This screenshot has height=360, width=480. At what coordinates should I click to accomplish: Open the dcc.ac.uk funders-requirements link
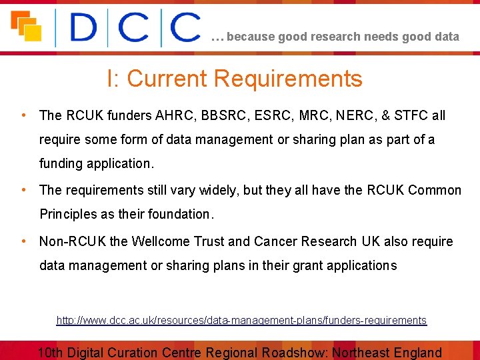pyautogui.click(x=241, y=321)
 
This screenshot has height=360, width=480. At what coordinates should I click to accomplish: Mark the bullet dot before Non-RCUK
pyautogui.click(x=24, y=241)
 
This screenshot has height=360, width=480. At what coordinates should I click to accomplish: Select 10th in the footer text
pyautogui.click(x=51, y=353)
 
